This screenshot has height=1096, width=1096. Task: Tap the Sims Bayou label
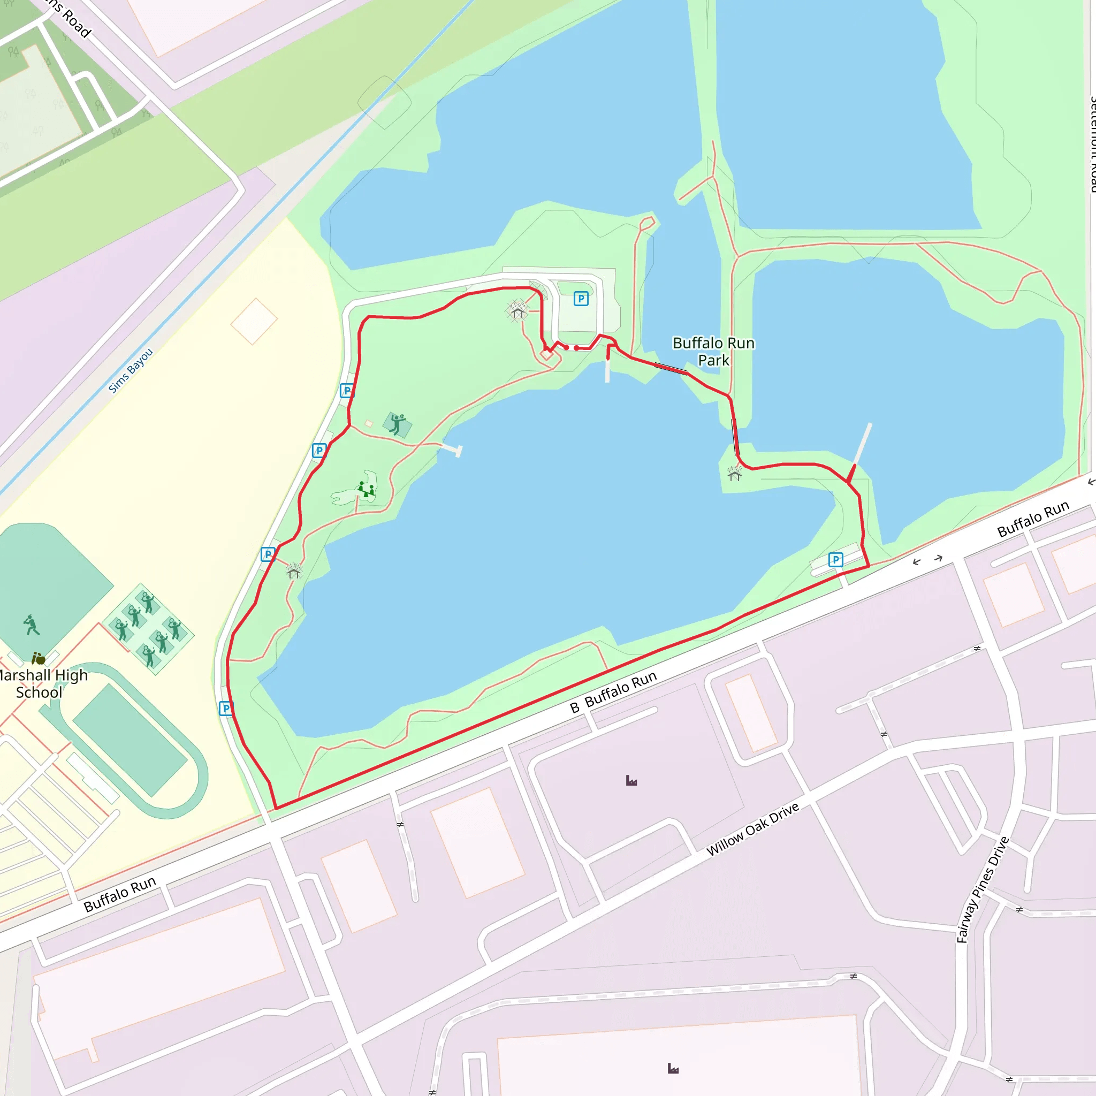point(131,370)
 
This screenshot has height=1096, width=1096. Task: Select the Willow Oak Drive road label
point(752,829)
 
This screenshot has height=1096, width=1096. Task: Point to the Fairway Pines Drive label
point(983,889)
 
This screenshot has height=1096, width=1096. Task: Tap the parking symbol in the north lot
point(580,299)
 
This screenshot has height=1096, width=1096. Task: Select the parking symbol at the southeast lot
point(835,560)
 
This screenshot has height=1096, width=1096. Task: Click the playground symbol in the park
point(366,490)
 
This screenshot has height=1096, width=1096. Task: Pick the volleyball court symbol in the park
point(397,424)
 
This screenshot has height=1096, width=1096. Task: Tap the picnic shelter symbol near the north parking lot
point(517,311)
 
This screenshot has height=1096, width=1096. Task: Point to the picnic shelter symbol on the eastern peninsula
point(735,473)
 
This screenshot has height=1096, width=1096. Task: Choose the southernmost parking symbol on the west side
point(226,708)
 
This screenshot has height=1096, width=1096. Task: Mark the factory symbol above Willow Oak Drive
point(631,781)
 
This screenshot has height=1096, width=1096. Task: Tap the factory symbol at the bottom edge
point(673,1069)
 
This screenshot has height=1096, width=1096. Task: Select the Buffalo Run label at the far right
point(1033,519)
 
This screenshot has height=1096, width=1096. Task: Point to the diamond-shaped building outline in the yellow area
point(254,321)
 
